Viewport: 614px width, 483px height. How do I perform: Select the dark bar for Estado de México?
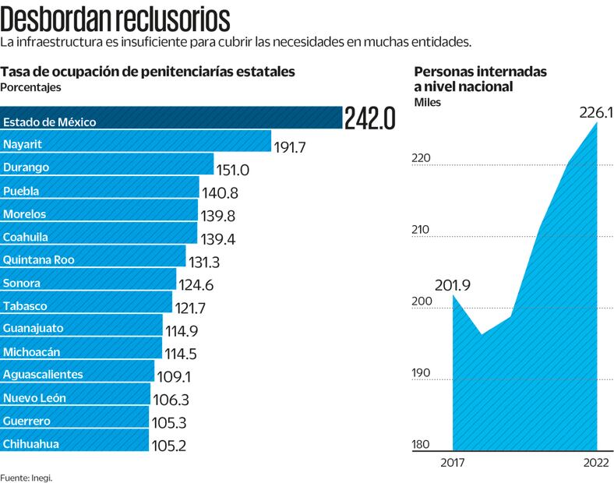[x=171, y=118]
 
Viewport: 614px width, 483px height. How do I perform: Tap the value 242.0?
[x=371, y=119]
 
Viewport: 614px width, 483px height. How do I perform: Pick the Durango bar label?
[x=26, y=167]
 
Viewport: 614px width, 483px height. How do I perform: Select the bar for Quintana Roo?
[x=93, y=259]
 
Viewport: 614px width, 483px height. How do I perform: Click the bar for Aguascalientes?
[x=77, y=375]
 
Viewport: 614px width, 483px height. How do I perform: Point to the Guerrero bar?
[x=74, y=421]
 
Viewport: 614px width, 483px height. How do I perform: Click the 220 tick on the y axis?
[x=421, y=158]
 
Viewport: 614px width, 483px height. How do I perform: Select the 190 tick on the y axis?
[x=421, y=373]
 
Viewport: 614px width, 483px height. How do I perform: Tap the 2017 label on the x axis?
[x=453, y=464]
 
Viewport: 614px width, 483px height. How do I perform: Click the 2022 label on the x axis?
[x=597, y=464]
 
